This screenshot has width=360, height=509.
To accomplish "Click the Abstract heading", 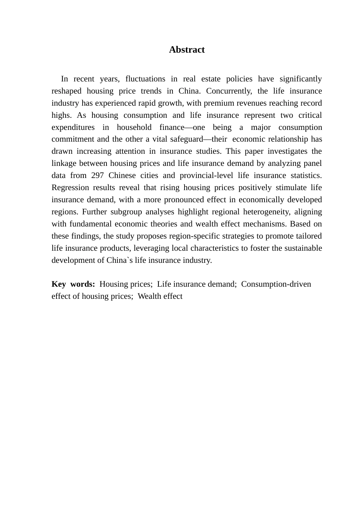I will click(186, 50).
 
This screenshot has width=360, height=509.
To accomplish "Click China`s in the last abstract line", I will click(118, 260).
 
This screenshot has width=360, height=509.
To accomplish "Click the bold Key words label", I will click(73, 284).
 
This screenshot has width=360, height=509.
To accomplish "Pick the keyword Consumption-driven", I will click(276, 284).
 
